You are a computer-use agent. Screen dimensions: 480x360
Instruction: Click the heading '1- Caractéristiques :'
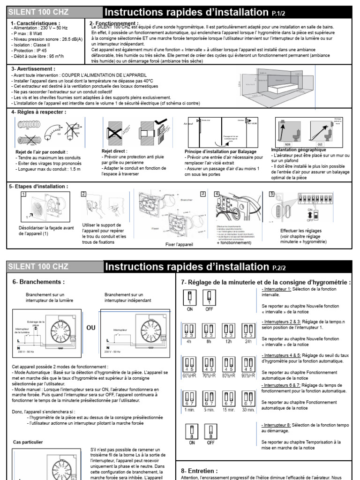point(35,22)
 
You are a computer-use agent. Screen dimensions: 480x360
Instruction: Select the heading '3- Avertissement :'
point(33,68)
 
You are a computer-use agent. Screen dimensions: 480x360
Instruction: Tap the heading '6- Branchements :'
point(38,282)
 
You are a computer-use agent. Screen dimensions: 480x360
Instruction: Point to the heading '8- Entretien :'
point(199,470)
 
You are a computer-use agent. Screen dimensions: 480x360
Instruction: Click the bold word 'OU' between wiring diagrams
point(91,328)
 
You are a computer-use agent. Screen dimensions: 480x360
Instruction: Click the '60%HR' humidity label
point(189,375)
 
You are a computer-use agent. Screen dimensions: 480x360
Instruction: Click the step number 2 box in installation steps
point(84,194)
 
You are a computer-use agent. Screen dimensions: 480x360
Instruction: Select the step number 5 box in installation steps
point(271,194)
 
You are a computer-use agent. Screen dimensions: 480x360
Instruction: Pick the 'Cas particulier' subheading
point(28,442)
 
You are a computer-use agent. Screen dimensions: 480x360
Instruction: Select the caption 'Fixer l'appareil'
point(179,244)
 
